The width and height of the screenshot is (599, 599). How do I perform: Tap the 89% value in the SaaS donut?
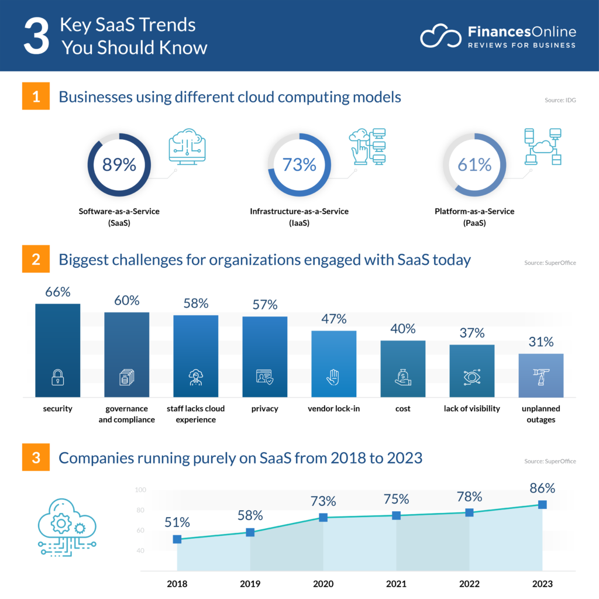pyautogui.click(x=119, y=165)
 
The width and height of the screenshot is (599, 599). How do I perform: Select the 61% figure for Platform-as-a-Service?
pyautogui.click(x=474, y=165)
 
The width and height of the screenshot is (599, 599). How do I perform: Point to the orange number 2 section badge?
pyautogui.click(x=36, y=259)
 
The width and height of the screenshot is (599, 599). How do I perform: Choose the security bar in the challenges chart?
pyautogui.click(x=57, y=350)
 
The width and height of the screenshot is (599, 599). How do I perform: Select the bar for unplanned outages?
pyautogui.click(x=541, y=375)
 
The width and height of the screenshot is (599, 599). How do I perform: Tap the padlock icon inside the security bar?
pyautogui.click(x=57, y=378)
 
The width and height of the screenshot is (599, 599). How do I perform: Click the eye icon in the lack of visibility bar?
pyautogui.click(x=471, y=378)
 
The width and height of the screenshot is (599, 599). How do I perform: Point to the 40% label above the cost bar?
pyautogui.click(x=402, y=329)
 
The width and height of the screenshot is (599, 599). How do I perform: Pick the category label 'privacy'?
pyautogui.click(x=264, y=408)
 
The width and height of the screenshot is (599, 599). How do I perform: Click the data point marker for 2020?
pyautogui.click(x=323, y=517)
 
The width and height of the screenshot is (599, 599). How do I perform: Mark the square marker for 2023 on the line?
pyautogui.click(x=542, y=504)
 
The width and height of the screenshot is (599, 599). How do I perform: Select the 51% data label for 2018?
pyautogui.click(x=177, y=522)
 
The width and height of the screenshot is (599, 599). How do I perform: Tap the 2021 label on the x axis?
pyautogui.click(x=396, y=584)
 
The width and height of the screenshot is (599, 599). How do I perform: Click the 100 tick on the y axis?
pyautogui.click(x=140, y=490)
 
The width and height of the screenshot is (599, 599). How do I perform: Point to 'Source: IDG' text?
pyautogui.click(x=560, y=100)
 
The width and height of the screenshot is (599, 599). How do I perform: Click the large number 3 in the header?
pyautogui.click(x=36, y=36)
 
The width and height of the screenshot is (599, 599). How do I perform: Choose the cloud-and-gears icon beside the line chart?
pyautogui.click(x=66, y=526)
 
